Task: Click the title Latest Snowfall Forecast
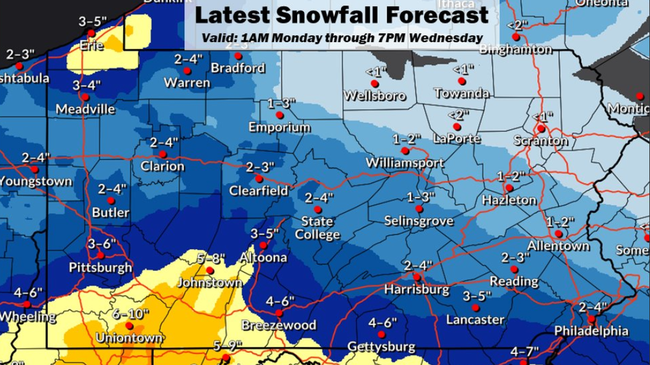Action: click(342, 15)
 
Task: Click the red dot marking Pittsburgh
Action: click(100, 255)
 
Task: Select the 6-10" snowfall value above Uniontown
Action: click(131, 314)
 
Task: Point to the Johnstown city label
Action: click(206, 282)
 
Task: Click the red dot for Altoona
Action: click(263, 245)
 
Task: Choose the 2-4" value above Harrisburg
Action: click(417, 265)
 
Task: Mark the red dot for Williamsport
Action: click(405, 151)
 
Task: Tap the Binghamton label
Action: click(516, 50)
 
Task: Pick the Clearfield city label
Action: click(258, 191)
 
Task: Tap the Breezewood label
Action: click(279, 325)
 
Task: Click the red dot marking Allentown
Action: click(559, 234)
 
